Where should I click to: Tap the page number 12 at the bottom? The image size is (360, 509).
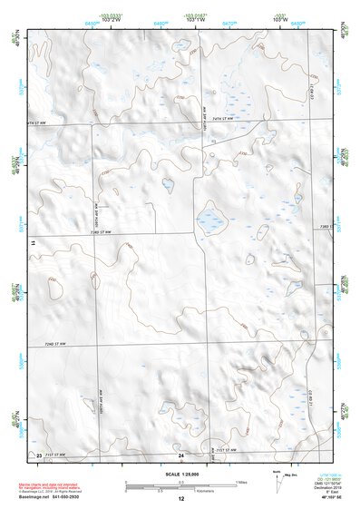tap(180, 499)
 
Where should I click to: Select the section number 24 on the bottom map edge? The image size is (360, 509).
tap(180, 454)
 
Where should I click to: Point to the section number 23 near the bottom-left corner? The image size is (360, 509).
tap(38, 454)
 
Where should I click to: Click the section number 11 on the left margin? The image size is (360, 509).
tap(33, 243)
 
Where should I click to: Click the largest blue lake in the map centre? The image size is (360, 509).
tap(211, 220)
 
